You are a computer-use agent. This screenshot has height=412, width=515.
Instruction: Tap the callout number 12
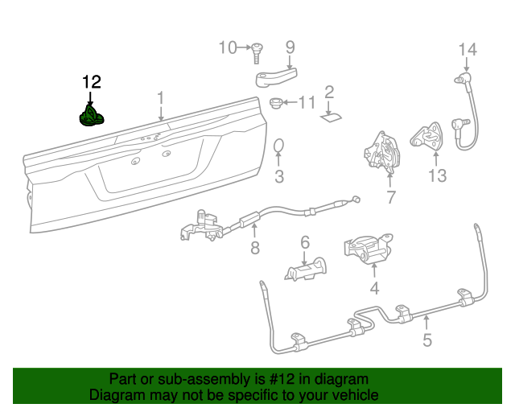[x=92, y=82]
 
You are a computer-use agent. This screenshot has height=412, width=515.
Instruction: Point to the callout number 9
[x=290, y=47]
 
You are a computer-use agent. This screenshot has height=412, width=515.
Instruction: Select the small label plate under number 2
[x=330, y=117]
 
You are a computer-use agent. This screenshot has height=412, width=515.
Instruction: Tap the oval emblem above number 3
[x=279, y=146]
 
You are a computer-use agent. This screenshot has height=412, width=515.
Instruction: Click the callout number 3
[x=279, y=176]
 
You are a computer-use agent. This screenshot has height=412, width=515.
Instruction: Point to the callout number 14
[x=468, y=50]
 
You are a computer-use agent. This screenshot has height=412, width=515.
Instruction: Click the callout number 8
[x=255, y=248]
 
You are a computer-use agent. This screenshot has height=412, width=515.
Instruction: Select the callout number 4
[x=374, y=288]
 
